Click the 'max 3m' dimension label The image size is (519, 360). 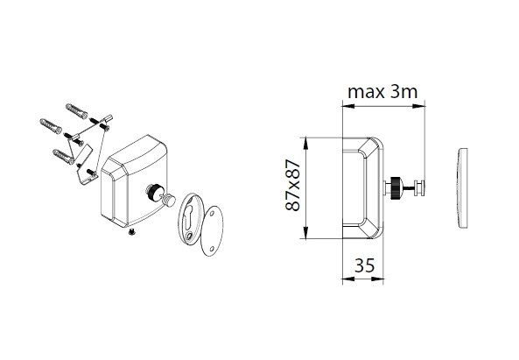click(382, 92)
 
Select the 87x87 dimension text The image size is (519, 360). click(293, 185)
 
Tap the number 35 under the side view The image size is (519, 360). click(364, 265)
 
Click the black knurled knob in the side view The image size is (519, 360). click(396, 188)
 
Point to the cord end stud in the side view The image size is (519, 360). click(418, 188)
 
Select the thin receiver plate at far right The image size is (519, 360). click(462, 187)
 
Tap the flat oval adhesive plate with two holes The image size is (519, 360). click(212, 231)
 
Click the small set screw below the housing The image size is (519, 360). click(132, 232)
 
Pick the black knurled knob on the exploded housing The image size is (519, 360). click(153, 192)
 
